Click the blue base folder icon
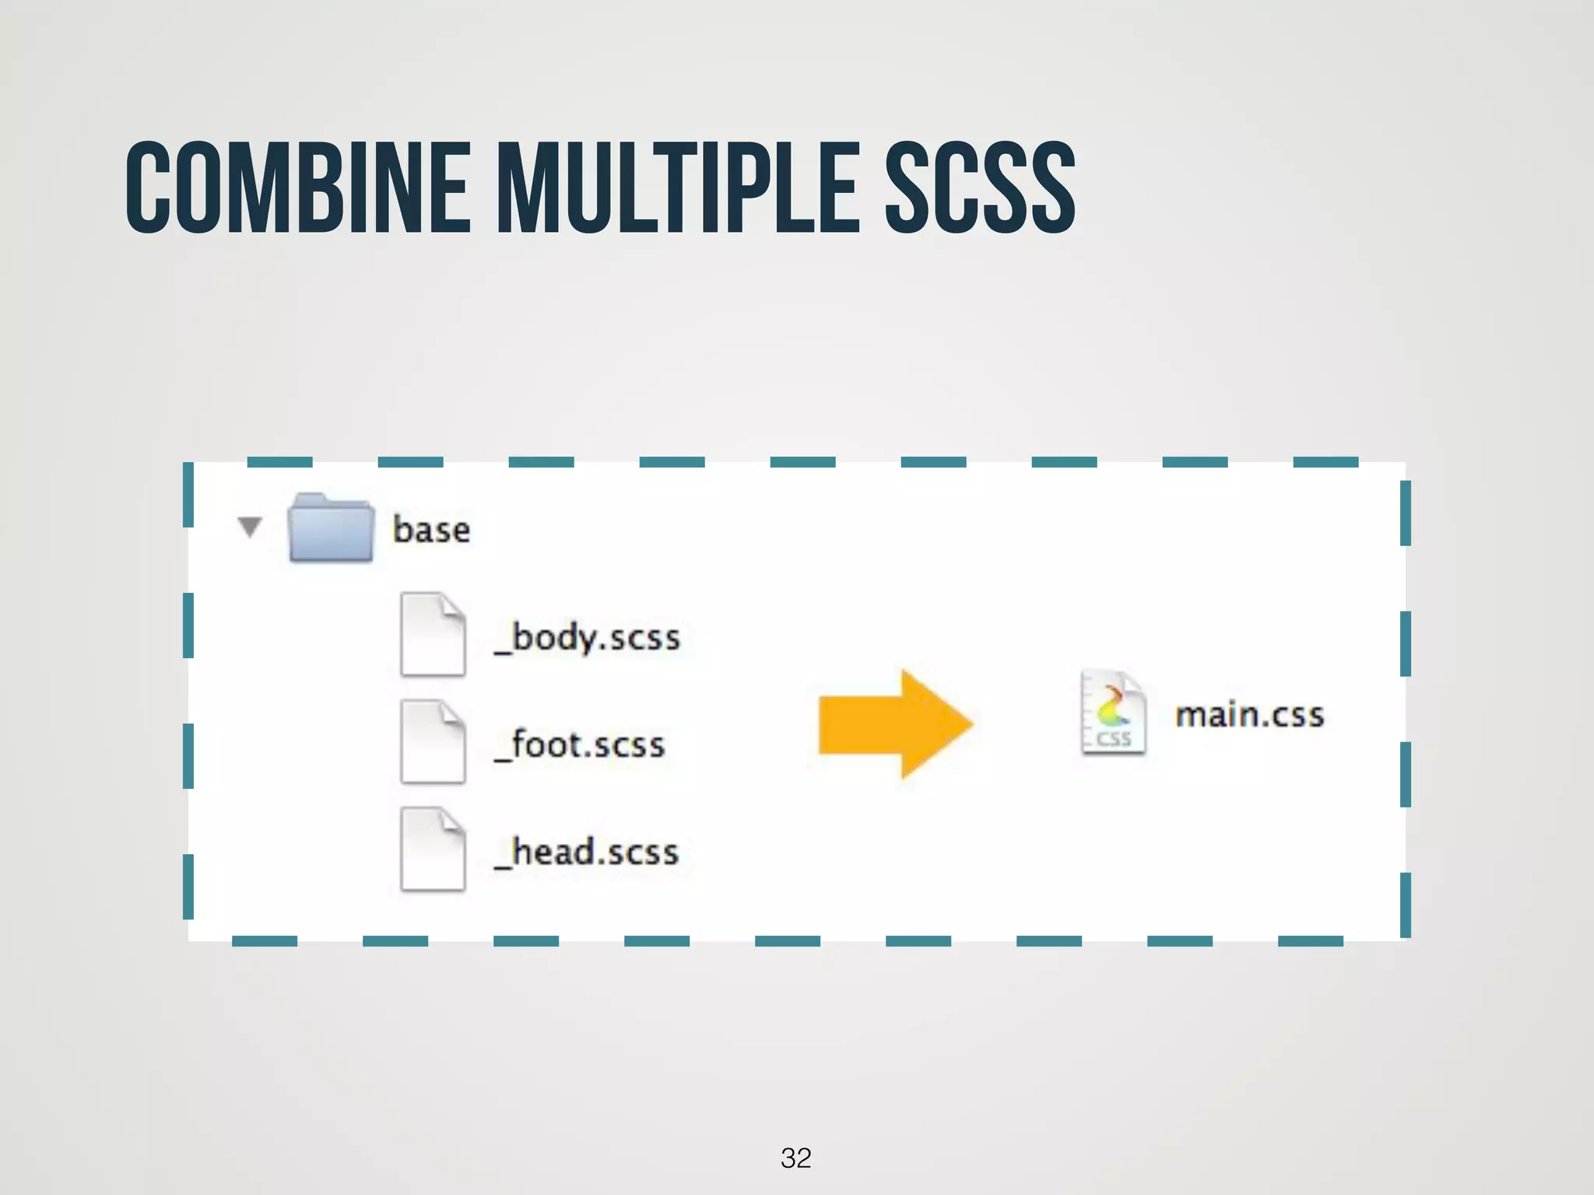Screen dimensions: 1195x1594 tap(330, 528)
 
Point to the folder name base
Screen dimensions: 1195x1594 tap(431, 530)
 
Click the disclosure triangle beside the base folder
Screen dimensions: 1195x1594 tap(250, 527)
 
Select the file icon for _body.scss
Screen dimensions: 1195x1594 tap(433, 634)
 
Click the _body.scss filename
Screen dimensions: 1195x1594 tap(588, 638)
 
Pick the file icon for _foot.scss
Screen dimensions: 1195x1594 tap(433, 741)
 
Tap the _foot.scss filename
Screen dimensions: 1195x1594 tap(580, 745)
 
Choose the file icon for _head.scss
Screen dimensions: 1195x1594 tap(433, 849)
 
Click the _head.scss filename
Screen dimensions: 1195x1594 tap(587, 852)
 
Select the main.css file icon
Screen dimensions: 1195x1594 tap(1113, 713)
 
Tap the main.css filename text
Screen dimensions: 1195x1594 tap(1249, 715)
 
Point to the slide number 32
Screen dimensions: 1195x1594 tap(795, 1158)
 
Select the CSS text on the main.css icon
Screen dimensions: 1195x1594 tap(1114, 738)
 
